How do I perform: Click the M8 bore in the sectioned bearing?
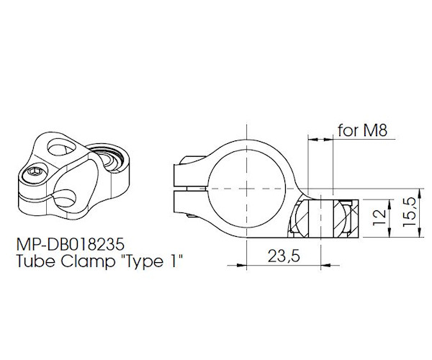(x=321, y=217)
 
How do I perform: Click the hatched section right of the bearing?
(x=351, y=217)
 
